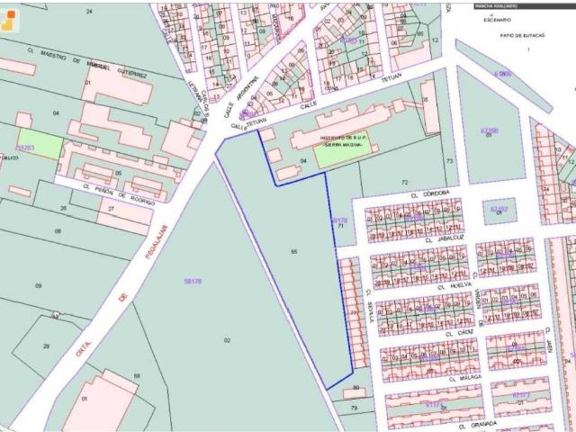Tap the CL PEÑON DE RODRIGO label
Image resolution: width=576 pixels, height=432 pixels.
(112, 200)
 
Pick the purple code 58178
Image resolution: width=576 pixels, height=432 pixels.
(193, 282)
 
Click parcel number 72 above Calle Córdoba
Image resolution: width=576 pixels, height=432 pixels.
(404, 181)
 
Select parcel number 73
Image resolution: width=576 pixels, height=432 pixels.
(448, 160)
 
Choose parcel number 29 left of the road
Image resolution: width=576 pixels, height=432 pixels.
(46, 346)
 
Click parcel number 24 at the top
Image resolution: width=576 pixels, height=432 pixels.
(89, 11)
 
